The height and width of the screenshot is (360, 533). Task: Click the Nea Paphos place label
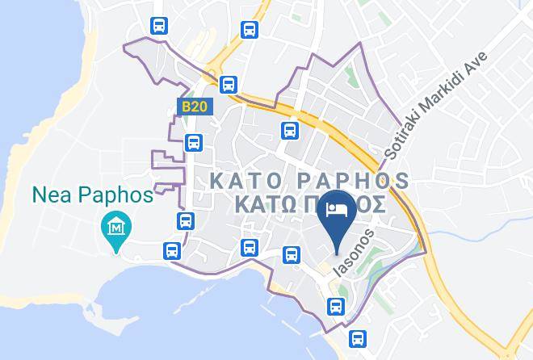[x=92, y=195]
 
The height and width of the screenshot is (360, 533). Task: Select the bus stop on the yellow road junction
[x=229, y=82]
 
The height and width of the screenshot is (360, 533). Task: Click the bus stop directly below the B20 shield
[x=193, y=143]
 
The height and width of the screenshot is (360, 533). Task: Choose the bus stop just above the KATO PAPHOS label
[x=289, y=130]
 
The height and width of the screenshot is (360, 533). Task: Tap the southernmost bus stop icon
[x=357, y=337]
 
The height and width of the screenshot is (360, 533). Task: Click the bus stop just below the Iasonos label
[x=334, y=305]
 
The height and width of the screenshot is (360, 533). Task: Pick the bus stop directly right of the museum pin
[x=186, y=220]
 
